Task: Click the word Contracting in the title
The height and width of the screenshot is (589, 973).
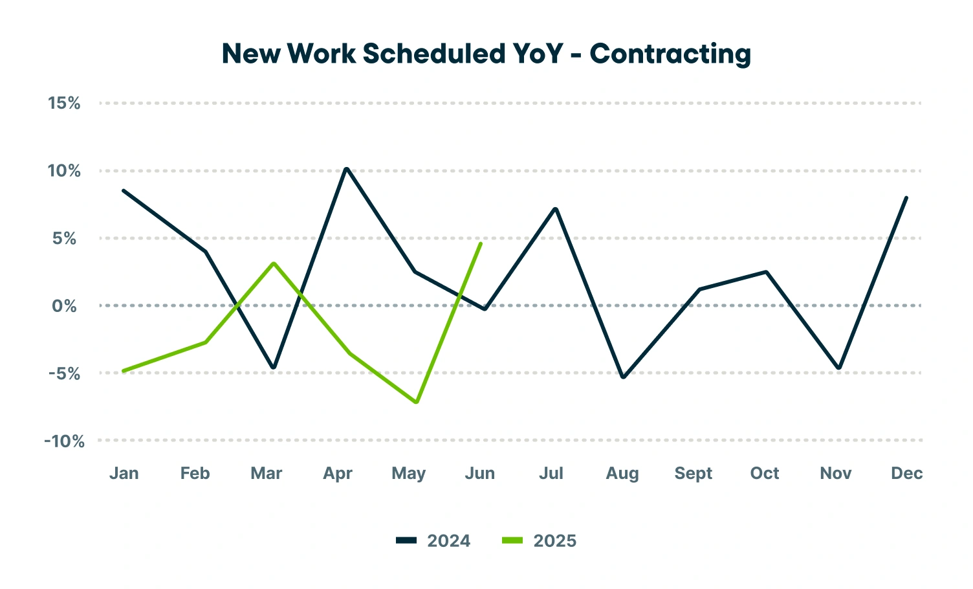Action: click(670, 54)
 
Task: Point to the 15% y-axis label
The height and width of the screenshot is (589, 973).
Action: click(64, 103)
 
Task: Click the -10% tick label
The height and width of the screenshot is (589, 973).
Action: click(64, 441)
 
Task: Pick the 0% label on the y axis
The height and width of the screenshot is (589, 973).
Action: click(64, 306)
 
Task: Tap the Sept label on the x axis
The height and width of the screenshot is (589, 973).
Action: click(693, 474)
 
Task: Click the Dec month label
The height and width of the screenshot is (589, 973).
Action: click(906, 474)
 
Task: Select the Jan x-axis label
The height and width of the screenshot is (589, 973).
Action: click(124, 474)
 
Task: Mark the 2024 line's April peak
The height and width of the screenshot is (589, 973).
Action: click(347, 169)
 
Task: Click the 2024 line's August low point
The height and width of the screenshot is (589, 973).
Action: click(623, 377)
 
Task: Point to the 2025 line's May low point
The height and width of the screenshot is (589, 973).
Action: click(416, 402)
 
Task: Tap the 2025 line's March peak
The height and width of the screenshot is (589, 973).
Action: click(274, 263)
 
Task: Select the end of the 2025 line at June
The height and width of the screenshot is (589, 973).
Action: click(481, 243)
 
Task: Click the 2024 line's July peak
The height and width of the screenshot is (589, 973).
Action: click(555, 208)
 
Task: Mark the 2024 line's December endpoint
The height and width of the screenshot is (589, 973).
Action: click(906, 197)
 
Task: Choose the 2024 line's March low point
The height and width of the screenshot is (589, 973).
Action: click(274, 368)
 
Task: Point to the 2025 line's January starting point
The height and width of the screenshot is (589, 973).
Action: click(123, 371)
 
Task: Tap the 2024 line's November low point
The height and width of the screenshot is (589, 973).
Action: click(839, 368)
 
